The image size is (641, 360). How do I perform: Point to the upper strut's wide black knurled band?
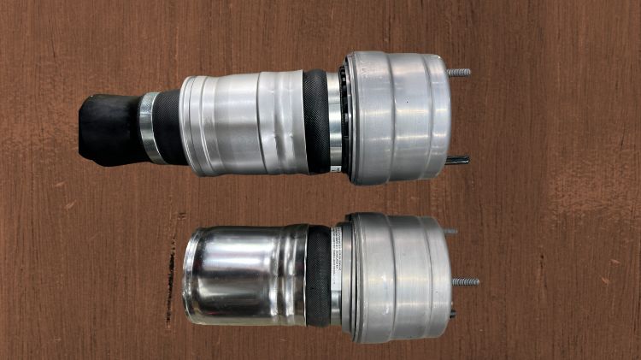[317, 121]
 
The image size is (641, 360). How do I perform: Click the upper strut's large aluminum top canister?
[397, 117]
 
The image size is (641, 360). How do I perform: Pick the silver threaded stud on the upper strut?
[459, 73]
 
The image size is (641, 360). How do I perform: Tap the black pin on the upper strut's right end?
[457, 159]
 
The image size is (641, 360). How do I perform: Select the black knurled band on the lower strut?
[318, 275]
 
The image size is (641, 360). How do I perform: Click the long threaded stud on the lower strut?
[465, 281]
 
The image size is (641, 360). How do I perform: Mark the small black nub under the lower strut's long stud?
[453, 313]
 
